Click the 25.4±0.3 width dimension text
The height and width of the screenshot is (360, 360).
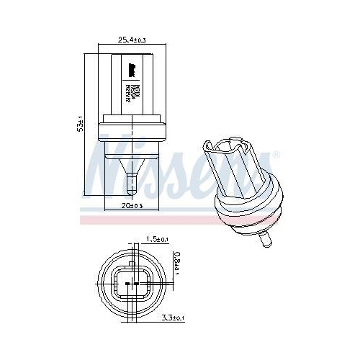pyautogui.click(x=132, y=41)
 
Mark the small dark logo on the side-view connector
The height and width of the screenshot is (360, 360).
pyautogui.click(x=133, y=70)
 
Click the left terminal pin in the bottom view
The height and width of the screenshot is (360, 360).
pyautogui.click(x=127, y=285)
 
